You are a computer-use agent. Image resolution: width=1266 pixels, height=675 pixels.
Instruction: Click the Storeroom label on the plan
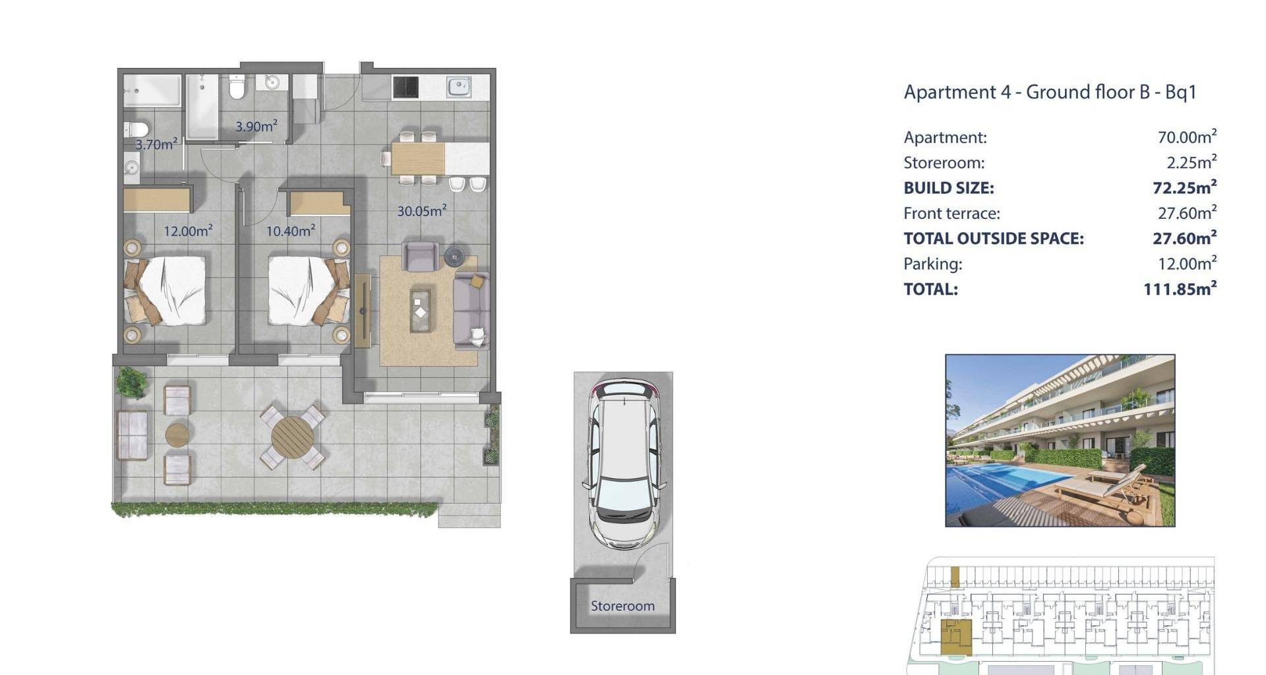622,606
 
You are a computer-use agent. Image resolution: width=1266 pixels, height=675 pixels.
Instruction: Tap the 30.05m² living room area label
422,211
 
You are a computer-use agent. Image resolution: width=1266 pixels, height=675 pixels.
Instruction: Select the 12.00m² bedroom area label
188,231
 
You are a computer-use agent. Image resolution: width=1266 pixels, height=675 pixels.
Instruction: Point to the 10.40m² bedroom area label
291,231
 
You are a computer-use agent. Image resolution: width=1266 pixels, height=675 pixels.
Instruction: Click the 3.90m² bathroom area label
256,126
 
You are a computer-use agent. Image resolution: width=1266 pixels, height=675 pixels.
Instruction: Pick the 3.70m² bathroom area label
156,144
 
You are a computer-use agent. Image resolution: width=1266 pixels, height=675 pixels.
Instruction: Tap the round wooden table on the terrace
291,436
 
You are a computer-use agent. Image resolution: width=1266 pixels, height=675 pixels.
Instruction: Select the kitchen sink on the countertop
458,86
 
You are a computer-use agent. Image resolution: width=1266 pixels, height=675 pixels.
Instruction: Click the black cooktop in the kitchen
406,87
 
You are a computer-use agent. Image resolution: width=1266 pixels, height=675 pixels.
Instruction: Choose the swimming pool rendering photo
1060,440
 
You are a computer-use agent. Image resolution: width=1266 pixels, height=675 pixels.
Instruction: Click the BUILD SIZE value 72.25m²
1184,187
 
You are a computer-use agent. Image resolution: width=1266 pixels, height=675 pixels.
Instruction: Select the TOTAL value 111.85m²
1180,289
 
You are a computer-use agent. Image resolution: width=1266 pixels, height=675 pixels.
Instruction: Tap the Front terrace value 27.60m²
1187,212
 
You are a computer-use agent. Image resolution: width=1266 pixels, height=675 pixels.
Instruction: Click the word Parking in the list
932,264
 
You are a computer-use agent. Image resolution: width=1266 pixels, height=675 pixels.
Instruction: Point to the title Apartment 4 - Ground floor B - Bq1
1050,92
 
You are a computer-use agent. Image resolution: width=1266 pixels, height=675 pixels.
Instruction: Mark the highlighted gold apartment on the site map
955,637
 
